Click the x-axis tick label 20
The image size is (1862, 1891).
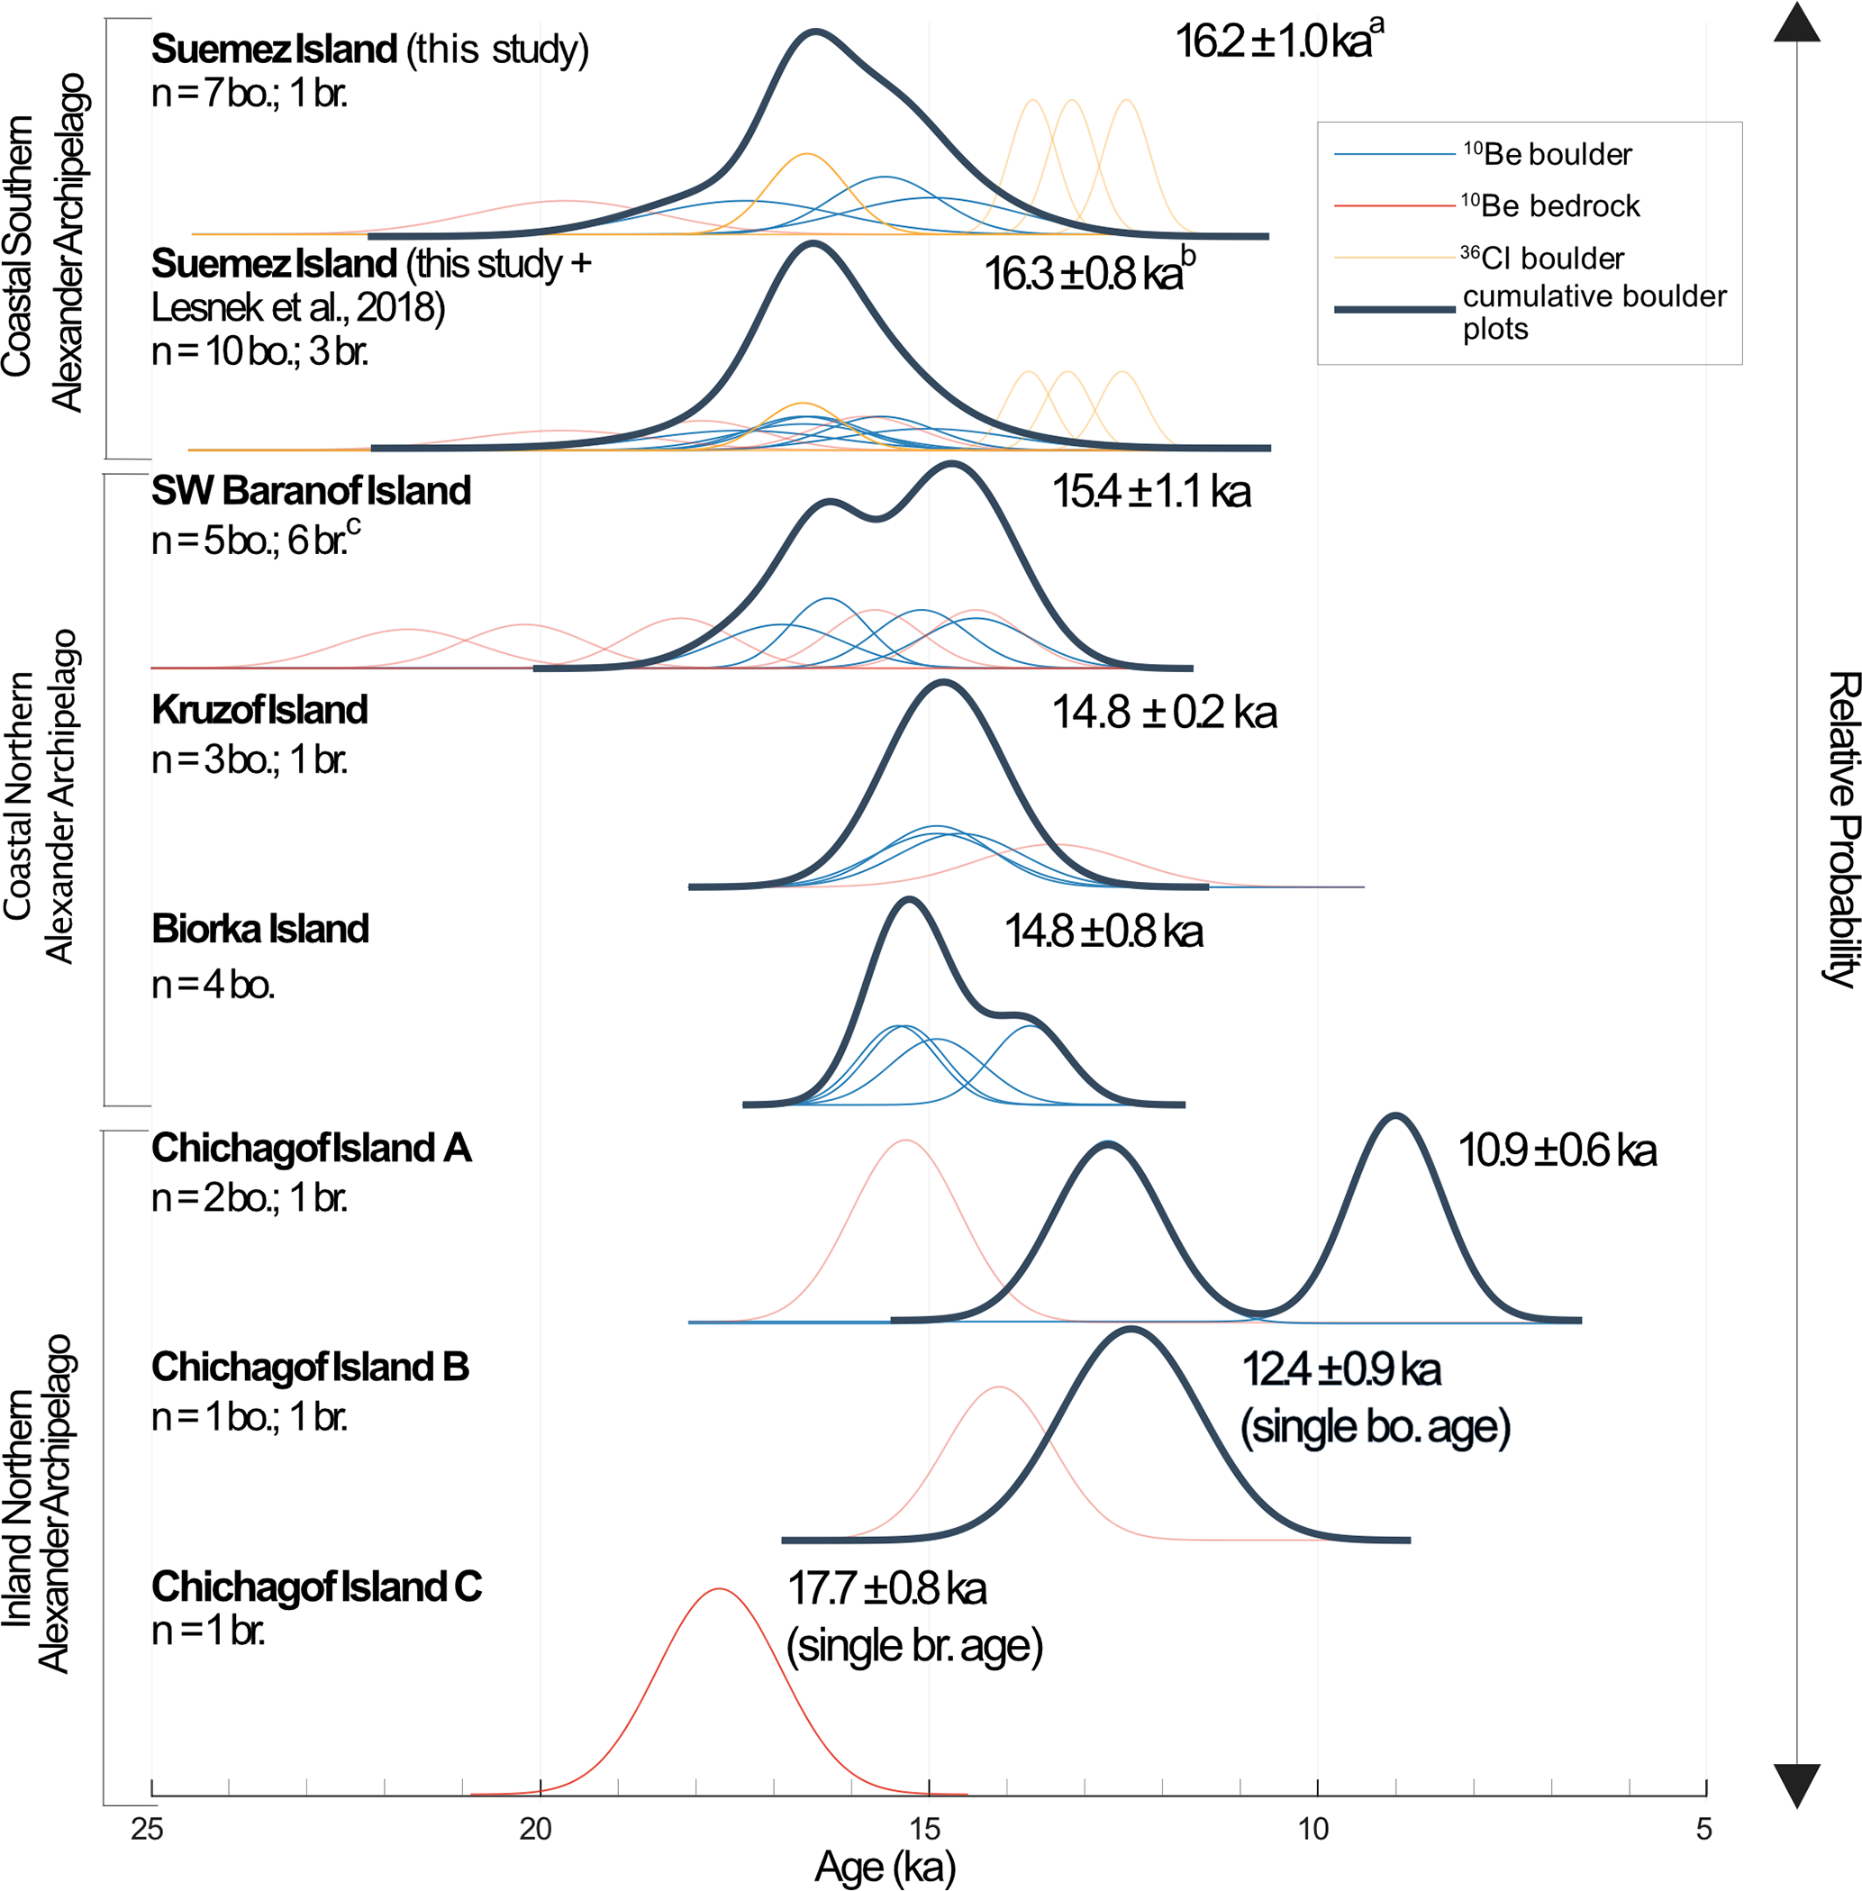[x=536, y=1827]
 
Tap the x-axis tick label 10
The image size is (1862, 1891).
[x=1313, y=1827]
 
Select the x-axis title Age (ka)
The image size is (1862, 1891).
[x=885, y=1867]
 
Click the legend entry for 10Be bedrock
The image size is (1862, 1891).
[x=1550, y=205]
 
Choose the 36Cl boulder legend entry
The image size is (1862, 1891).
[x=1542, y=259]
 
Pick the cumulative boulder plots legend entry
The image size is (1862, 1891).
[x=1594, y=311]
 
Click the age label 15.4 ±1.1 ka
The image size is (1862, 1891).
[x=1151, y=491]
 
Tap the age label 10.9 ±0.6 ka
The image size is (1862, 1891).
[x=1557, y=1150]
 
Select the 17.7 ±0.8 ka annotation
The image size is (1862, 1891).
[x=887, y=1588]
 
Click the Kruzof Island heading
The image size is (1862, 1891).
[x=259, y=710]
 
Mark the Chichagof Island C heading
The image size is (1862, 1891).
[x=316, y=1586]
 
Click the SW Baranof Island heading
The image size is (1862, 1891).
[x=311, y=491]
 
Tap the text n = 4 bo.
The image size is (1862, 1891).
[x=213, y=984]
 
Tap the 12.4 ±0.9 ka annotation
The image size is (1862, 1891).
[x=1340, y=1369]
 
